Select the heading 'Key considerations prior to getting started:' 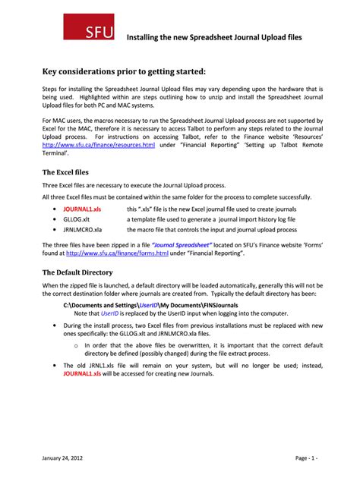(123, 71)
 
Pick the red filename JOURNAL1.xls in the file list (82, 208)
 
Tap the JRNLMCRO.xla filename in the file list (83, 229)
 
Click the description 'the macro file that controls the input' (212, 229)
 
